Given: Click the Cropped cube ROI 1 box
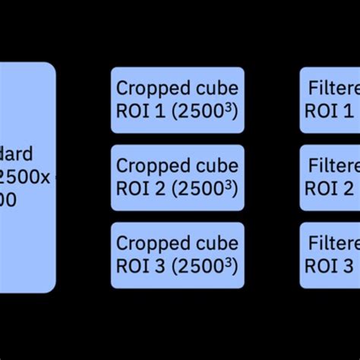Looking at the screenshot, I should pyautogui.click(x=177, y=100).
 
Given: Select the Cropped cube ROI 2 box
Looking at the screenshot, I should pyautogui.click(x=177, y=178).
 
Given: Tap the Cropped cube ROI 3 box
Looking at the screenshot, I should pyautogui.click(x=177, y=255).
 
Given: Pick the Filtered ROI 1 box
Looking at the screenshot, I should pyautogui.click(x=330, y=100).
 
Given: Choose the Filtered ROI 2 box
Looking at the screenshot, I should pyautogui.click(x=330, y=178).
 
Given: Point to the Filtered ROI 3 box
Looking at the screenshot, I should pyautogui.click(x=330, y=255).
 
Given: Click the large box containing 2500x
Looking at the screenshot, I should pyautogui.click(x=27, y=177).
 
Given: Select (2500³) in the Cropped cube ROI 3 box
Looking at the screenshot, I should pyautogui.click(x=203, y=266).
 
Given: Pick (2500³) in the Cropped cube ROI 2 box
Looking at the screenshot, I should pyautogui.click(x=203, y=188).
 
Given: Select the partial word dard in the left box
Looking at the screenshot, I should pyautogui.click(x=16, y=155).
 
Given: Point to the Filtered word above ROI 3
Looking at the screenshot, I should pyautogui.click(x=333, y=243).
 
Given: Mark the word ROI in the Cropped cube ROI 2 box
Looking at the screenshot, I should pyautogui.click(x=133, y=189).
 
